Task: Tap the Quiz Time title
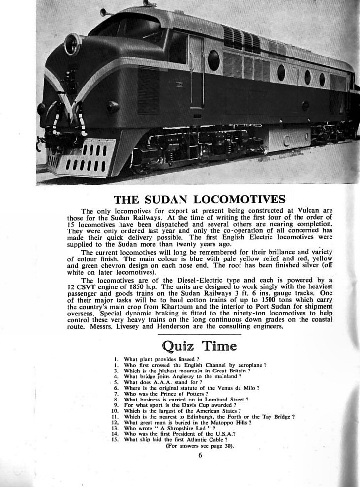click(199, 346)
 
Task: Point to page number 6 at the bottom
click(200, 455)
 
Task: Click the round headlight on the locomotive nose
click(73, 44)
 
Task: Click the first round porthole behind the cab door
click(214, 60)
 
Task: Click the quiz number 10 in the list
click(116, 410)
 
